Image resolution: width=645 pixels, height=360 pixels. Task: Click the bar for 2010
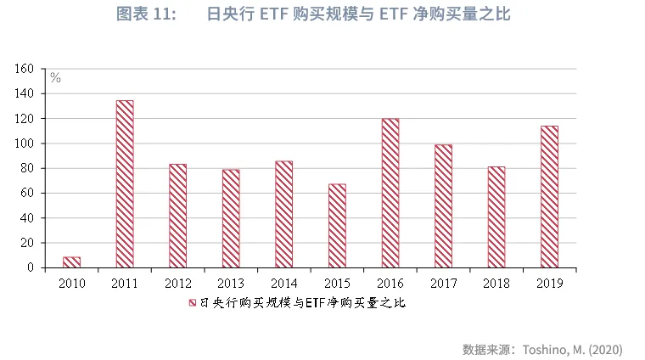[71, 262]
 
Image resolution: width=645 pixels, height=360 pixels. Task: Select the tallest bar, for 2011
[125, 184]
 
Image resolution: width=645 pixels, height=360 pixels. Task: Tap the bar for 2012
[177, 216]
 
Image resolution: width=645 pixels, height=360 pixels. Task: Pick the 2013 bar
[231, 218]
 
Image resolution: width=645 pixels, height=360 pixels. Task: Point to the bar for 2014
[283, 214]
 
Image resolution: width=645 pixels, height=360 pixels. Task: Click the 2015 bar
[337, 226]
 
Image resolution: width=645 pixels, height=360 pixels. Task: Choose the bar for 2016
[390, 193]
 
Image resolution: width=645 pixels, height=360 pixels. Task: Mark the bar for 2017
[443, 205]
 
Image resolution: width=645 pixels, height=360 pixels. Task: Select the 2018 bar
[496, 217]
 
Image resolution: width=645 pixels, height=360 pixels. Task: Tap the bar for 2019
[549, 197]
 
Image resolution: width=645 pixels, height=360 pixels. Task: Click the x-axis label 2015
[337, 282]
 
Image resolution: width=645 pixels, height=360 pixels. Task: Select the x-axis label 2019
[549, 282]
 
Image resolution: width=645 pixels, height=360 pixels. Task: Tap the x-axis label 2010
[71, 282]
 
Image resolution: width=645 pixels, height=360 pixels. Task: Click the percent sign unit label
[55, 78]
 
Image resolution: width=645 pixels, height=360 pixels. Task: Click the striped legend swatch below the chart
[192, 302]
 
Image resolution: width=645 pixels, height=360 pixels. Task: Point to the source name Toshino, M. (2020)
[572, 349]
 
